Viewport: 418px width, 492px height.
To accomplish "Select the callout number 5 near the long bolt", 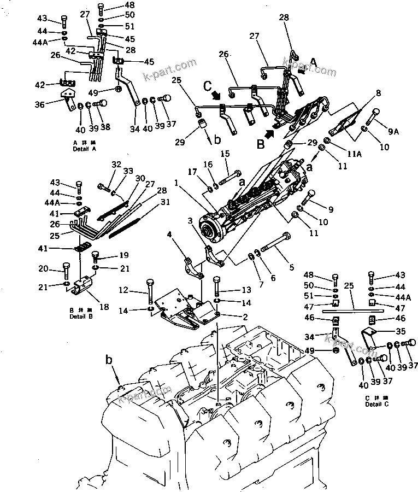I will click(x=291, y=267).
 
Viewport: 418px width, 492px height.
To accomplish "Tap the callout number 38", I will click(x=105, y=127).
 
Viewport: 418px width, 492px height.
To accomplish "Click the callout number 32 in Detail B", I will click(x=115, y=164).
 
